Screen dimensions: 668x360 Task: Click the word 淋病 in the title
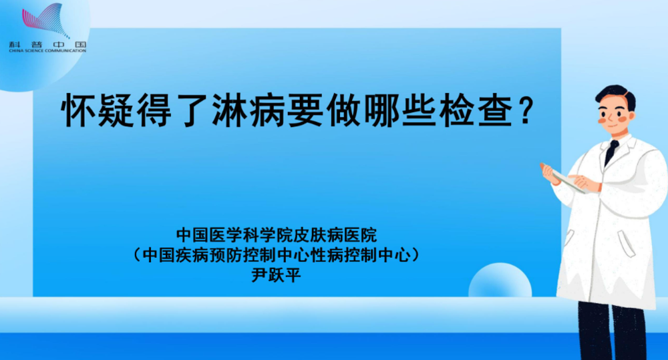point(250,110)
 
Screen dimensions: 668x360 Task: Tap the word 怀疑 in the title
point(98,110)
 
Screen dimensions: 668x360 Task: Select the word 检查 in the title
point(477,110)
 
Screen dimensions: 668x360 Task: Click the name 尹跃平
point(277,275)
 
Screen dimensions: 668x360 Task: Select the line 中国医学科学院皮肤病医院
point(277,234)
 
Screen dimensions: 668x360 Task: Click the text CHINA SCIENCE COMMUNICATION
point(47,51)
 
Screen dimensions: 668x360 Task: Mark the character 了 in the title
point(193,110)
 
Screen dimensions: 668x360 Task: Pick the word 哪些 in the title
point(401,110)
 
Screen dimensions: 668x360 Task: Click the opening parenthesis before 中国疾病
point(137,254)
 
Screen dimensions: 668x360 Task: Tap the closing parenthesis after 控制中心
point(415,254)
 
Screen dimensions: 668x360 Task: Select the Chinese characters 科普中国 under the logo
point(47,44)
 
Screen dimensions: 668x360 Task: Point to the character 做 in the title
point(345,110)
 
